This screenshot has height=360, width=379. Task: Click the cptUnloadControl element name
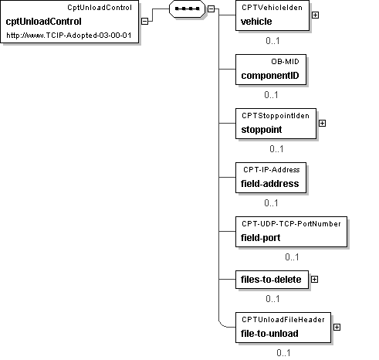(x=43, y=22)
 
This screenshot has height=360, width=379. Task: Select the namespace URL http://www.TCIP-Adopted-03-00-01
(x=69, y=36)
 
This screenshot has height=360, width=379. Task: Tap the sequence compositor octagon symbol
(x=187, y=8)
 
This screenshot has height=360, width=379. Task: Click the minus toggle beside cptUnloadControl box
(x=145, y=21)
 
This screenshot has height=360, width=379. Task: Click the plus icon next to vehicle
(x=315, y=15)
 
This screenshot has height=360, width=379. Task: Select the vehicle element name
(x=256, y=22)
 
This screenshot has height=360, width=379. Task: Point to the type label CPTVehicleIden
(x=272, y=8)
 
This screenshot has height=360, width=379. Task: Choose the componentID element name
(x=270, y=76)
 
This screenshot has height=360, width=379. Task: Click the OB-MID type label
(x=285, y=62)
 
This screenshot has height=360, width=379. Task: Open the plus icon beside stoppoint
(x=322, y=124)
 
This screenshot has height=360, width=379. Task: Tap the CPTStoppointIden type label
(x=276, y=116)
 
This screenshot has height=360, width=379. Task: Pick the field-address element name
(x=270, y=184)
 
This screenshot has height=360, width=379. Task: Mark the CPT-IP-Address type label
(x=272, y=170)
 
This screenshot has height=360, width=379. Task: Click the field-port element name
(x=261, y=238)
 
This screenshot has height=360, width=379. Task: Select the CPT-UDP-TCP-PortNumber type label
(x=291, y=224)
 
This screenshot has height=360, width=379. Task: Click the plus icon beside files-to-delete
(x=314, y=280)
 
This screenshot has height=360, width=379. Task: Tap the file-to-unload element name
(x=269, y=334)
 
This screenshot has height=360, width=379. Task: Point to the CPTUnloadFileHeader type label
(x=283, y=320)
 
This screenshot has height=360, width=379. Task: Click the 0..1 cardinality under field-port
(x=292, y=257)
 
